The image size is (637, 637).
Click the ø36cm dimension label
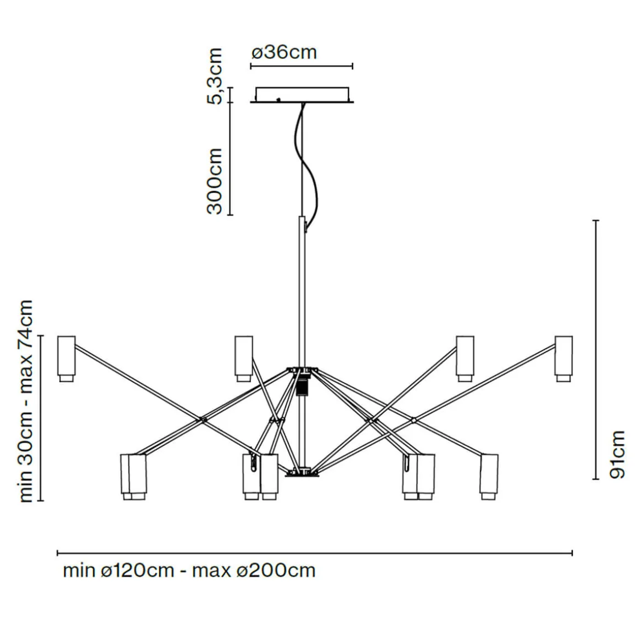point(284,52)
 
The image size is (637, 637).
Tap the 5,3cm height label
point(215,75)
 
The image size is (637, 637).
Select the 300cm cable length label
point(215,181)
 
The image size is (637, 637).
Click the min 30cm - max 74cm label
point(26,401)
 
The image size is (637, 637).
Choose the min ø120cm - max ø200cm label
point(189,571)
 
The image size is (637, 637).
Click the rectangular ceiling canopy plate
point(302,94)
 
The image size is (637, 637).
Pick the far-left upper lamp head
point(66,357)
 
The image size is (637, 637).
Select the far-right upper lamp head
point(563,357)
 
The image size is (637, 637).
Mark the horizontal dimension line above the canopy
point(301,66)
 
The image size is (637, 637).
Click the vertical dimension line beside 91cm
point(596,349)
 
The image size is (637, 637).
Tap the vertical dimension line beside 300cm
point(231,158)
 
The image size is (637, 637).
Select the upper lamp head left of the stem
point(243,357)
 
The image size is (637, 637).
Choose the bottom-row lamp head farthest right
point(489,476)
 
